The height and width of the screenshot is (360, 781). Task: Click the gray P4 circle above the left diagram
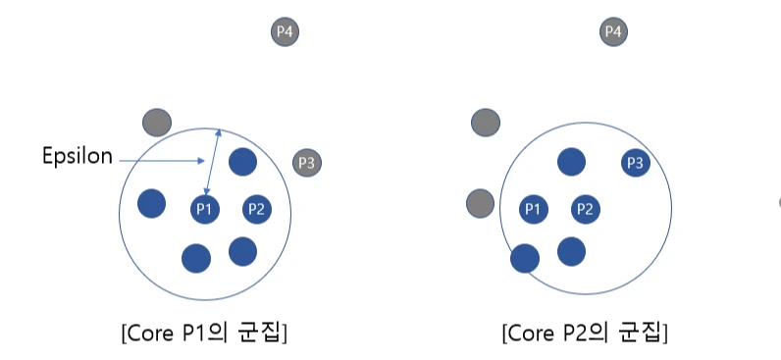coord(285,32)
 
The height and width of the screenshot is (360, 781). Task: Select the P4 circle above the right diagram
coord(613,32)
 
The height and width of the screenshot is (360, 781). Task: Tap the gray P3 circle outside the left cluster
coord(307,163)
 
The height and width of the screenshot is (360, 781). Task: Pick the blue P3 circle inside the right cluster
coord(635,163)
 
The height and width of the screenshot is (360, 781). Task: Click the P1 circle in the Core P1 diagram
coord(205,208)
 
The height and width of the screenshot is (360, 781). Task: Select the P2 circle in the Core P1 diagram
coord(256,208)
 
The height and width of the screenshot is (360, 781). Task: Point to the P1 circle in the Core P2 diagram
coord(533,208)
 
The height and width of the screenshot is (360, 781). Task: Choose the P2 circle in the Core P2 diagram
coord(585,208)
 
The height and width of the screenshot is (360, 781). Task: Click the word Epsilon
coord(78,156)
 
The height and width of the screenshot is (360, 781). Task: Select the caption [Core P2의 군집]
coord(585,333)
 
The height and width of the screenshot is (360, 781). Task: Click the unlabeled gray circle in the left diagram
coord(156,123)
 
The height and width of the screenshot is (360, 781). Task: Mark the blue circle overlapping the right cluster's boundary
coord(525,258)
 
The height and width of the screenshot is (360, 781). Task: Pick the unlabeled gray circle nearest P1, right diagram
coord(480,203)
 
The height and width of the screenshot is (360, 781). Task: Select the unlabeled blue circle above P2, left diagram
coord(243,162)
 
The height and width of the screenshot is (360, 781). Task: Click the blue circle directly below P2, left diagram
coord(243,251)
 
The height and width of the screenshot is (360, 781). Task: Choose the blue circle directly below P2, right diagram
coord(572,251)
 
